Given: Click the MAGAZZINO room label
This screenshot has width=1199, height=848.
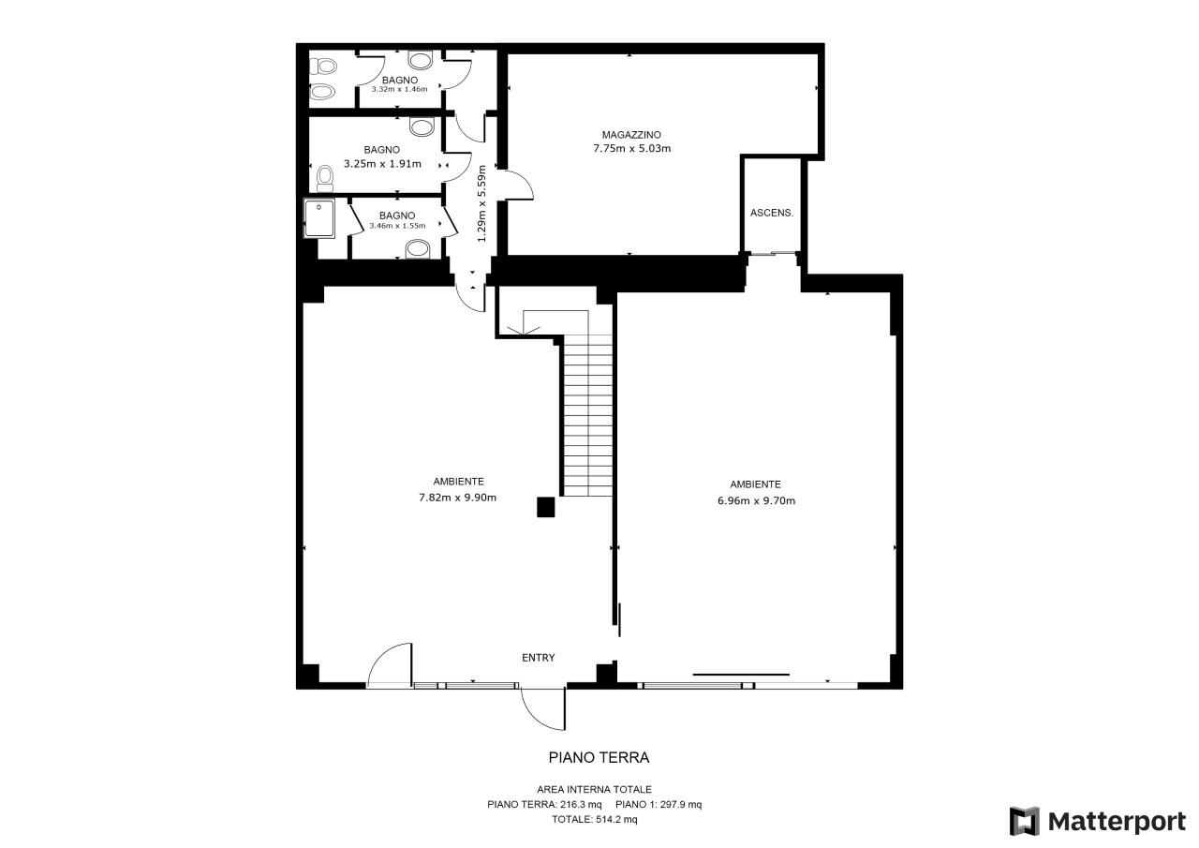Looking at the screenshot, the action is pos(631,135).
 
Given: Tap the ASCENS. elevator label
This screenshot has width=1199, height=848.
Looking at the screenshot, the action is pos(771,213).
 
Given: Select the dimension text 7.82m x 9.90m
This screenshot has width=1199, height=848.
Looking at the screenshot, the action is pos(457,498).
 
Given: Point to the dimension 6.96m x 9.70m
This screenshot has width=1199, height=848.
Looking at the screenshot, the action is pos(756,500).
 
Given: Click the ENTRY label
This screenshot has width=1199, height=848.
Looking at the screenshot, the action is pos(538,658).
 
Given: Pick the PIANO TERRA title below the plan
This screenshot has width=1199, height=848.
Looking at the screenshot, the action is pos(599,757).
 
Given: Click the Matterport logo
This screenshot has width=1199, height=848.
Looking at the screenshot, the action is pos(1097,821).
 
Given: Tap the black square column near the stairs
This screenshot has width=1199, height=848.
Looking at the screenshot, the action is pos(545,507).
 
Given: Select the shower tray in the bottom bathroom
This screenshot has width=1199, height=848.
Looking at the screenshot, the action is pos(319,218).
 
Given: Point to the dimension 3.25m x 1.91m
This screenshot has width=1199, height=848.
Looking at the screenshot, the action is pos(382,164).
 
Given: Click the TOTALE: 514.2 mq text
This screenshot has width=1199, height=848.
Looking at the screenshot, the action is pos(594,819).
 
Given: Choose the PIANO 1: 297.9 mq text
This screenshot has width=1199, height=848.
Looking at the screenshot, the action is pos(659,804).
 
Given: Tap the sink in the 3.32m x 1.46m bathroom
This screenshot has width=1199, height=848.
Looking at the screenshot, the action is pos(421,60).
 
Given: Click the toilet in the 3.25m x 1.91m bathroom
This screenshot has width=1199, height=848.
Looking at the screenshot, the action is pos(324,178).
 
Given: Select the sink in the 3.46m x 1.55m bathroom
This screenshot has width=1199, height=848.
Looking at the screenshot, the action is pos(417,249).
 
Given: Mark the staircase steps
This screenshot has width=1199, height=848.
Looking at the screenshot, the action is pos(588,415).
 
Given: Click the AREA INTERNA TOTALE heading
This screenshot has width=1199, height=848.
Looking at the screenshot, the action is pos(594,789).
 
